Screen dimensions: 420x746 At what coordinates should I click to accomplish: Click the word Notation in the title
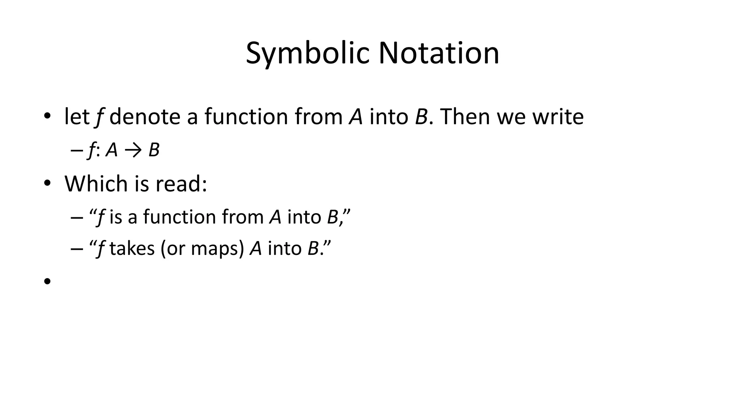tap(439, 54)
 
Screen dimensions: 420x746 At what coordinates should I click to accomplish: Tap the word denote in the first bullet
tap(145, 117)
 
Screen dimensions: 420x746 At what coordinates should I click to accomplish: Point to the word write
tap(558, 117)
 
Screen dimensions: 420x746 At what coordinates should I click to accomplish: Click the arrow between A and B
tap(133, 150)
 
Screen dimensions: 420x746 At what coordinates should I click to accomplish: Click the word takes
tap(132, 249)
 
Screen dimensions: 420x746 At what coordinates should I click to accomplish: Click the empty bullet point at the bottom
tap(47, 281)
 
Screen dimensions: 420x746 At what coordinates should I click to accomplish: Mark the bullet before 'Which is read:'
tap(47, 183)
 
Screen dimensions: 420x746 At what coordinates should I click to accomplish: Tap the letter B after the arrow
tap(154, 150)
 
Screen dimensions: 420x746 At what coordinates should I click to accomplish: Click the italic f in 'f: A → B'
tap(91, 150)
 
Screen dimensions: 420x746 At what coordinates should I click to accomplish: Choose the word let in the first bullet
tap(76, 117)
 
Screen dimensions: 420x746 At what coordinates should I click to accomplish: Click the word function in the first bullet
tap(246, 117)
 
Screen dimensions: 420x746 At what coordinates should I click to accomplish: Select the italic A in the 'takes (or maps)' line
tap(256, 249)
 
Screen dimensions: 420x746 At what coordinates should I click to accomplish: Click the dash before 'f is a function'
tap(76, 218)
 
